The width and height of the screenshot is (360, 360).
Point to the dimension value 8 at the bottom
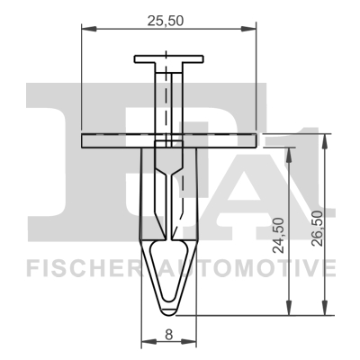tap(169, 334)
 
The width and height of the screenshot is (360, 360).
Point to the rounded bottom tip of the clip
tap(169, 309)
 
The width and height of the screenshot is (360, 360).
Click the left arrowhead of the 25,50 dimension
tap(85, 29)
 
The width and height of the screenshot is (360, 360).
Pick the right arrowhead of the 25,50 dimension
tap(254, 29)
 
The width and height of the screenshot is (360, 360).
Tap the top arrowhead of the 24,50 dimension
tap(289, 149)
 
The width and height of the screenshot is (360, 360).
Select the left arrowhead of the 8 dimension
tap(145, 343)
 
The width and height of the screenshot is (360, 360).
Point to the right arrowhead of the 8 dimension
tap(193, 343)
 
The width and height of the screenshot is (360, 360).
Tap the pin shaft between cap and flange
tap(169, 99)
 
